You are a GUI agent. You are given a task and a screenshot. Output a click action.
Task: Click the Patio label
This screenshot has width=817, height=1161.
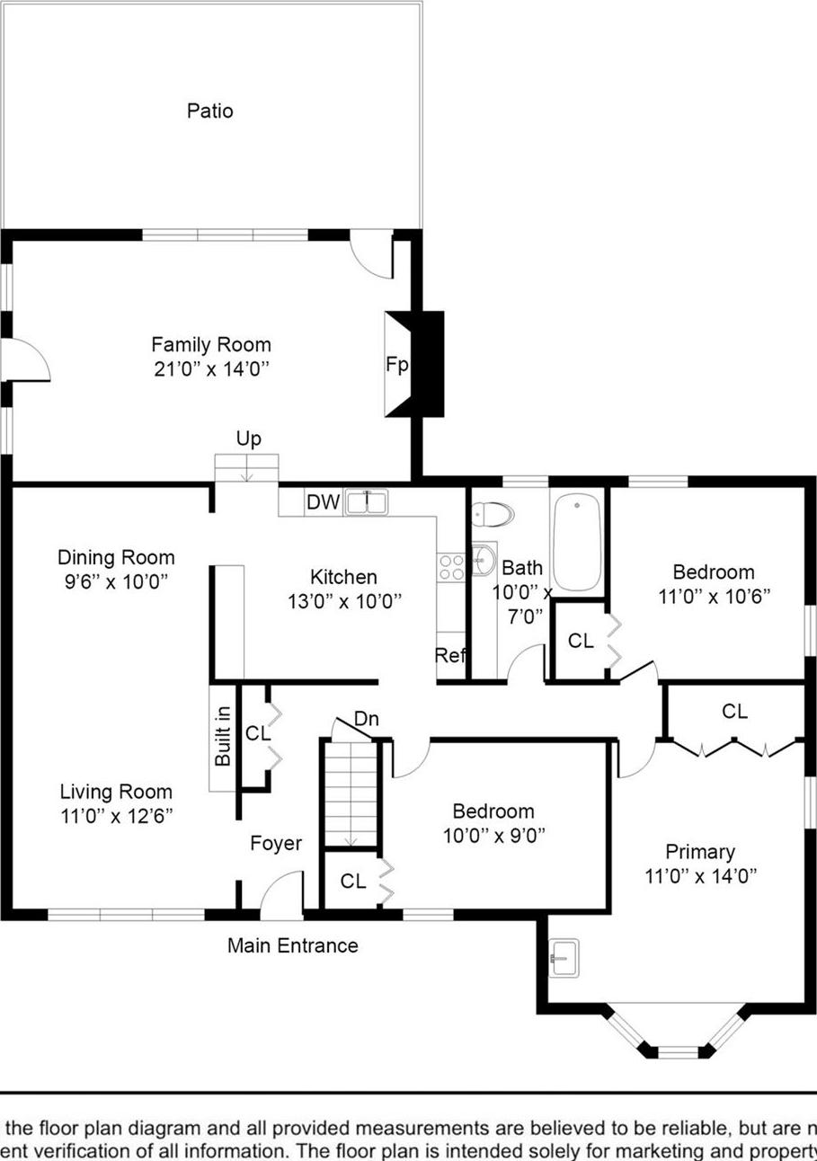click(209, 111)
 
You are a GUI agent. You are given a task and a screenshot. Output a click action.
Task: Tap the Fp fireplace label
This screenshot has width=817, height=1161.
click(397, 365)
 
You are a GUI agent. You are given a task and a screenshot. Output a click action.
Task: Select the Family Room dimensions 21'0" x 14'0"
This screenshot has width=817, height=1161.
click(210, 368)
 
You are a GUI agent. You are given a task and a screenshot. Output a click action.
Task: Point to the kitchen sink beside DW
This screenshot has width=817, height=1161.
click(367, 502)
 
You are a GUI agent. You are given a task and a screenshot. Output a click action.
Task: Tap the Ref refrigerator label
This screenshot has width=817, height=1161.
click(450, 656)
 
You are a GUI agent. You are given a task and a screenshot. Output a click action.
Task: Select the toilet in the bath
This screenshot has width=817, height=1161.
click(492, 515)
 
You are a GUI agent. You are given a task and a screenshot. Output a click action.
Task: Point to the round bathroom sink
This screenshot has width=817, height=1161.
click(484, 558)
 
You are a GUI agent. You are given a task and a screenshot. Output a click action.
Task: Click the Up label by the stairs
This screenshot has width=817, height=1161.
click(249, 439)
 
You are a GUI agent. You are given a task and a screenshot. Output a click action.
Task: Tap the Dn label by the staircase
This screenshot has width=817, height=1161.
click(366, 719)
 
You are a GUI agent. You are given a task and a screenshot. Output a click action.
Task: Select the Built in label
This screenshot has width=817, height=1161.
click(222, 738)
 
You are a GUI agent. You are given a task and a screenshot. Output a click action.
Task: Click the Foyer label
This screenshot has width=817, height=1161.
click(276, 844)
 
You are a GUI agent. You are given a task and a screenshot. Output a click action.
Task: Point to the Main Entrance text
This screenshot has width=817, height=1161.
click(292, 945)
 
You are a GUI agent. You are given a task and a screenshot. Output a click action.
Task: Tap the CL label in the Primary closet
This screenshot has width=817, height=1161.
click(734, 712)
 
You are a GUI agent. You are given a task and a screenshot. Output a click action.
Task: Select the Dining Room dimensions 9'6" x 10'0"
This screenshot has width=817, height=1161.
click(116, 581)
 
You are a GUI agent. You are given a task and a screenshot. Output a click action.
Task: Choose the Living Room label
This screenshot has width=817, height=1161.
click(116, 793)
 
